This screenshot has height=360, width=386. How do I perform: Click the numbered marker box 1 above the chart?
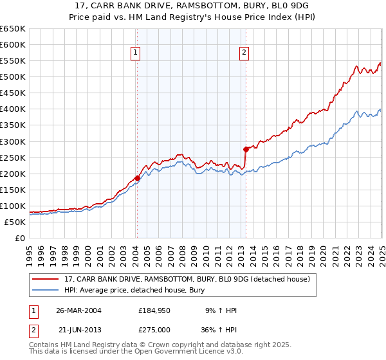(136, 53)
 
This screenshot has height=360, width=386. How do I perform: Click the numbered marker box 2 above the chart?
(245, 53)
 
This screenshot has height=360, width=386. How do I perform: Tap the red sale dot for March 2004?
(137, 178)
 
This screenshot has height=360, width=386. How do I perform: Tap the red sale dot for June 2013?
(246, 149)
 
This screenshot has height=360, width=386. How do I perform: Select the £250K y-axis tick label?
(13, 157)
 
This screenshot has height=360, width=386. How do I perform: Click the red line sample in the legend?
(46, 279)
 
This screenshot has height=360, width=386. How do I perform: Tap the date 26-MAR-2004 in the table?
(78, 310)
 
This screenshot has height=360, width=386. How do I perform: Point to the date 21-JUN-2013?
(78, 329)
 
